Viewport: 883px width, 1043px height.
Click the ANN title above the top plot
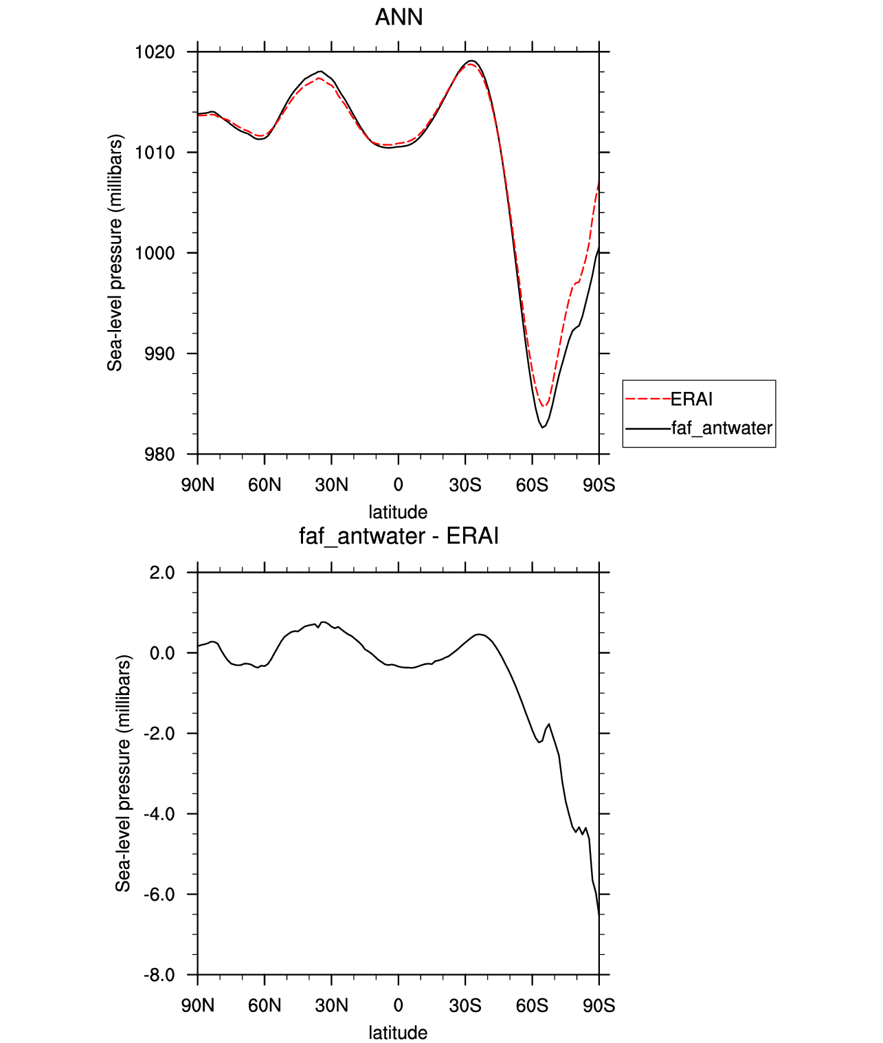point(399,17)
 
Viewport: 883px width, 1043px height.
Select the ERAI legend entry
point(691,399)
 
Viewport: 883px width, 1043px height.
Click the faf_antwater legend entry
point(722,428)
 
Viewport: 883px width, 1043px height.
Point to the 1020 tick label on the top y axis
point(155,52)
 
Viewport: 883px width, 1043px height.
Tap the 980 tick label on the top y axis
point(159,454)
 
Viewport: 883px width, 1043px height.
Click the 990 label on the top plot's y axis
point(159,353)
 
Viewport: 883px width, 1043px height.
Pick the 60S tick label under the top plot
point(532,485)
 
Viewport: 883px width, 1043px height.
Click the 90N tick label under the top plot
point(198,485)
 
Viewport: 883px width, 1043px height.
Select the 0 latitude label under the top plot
point(399,485)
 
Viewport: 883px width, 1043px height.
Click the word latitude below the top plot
point(398,512)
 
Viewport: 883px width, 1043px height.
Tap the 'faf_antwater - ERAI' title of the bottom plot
point(399,536)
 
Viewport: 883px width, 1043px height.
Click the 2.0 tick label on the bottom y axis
point(162,573)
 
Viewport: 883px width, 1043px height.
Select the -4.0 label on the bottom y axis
point(159,814)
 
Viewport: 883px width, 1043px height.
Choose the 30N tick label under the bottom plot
point(331,1006)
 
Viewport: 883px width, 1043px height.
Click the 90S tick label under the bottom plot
point(599,1006)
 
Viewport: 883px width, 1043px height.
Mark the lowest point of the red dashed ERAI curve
point(544,406)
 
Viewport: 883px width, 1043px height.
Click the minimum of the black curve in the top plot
point(543,428)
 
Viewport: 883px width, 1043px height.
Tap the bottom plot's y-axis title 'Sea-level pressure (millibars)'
point(123,773)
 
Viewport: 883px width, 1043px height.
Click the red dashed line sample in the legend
point(647,399)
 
